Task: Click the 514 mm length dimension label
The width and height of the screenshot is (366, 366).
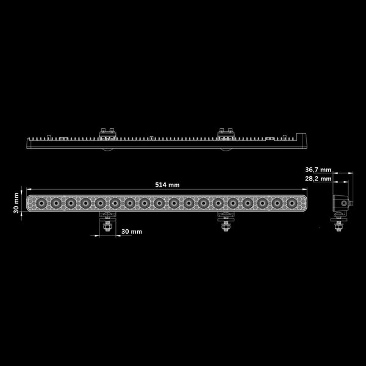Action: pyautogui.click(x=167, y=185)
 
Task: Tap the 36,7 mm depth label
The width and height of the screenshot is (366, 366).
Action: pyautogui.click(x=318, y=170)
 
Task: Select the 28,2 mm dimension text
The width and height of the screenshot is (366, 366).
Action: pyautogui.click(x=318, y=179)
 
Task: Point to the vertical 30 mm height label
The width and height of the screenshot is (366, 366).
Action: pyautogui.click(x=16, y=203)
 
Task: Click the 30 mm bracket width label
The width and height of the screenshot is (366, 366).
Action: pyautogui.click(x=132, y=232)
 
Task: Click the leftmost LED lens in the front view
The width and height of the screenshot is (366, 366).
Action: pyautogui.click(x=41, y=203)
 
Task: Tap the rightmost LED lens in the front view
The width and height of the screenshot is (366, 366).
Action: pyautogui.click(x=292, y=203)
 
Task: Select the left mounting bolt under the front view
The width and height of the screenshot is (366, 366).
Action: pyautogui.click(x=107, y=226)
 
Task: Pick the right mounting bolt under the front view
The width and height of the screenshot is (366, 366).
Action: pyautogui.click(x=226, y=226)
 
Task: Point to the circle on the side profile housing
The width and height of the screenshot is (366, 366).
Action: pyautogui.click(x=344, y=203)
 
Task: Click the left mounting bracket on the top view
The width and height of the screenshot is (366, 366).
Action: pyautogui.click(x=107, y=134)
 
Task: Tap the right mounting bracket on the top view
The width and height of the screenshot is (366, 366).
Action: pyautogui.click(x=226, y=134)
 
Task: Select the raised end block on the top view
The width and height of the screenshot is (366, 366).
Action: pyautogui.click(x=301, y=137)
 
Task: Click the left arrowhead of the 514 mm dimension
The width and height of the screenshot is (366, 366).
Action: pyautogui.click(x=29, y=189)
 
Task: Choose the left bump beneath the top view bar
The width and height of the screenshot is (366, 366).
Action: pyautogui.click(x=107, y=149)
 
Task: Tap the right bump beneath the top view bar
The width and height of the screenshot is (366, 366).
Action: pyautogui.click(x=226, y=149)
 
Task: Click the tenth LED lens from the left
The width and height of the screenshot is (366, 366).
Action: pyautogui.click(x=174, y=203)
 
